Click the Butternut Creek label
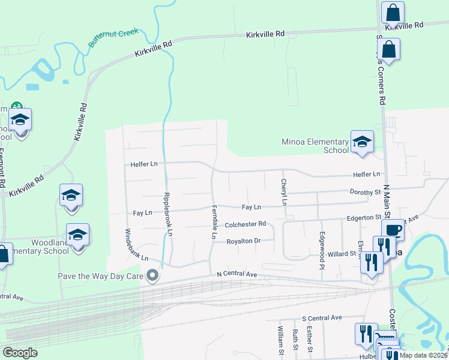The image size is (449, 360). (x=113, y=37)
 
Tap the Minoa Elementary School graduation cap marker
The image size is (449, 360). (x=362, y=142)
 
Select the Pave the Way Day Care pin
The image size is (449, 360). (x=153, y=276)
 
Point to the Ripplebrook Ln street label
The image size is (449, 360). (x=169, y=214)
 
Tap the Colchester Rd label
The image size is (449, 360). (x=245, y=224)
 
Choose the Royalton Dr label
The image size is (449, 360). (x=243, y=241)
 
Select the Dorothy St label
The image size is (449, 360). (x=366, y=192)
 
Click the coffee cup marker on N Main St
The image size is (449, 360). (x=393, y=230)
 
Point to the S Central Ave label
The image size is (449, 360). (x=322, y=317)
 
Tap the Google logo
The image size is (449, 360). (x=20, y=353)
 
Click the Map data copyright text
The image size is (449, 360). (x=423, y=355)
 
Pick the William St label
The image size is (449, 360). (x=280, y=338)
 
